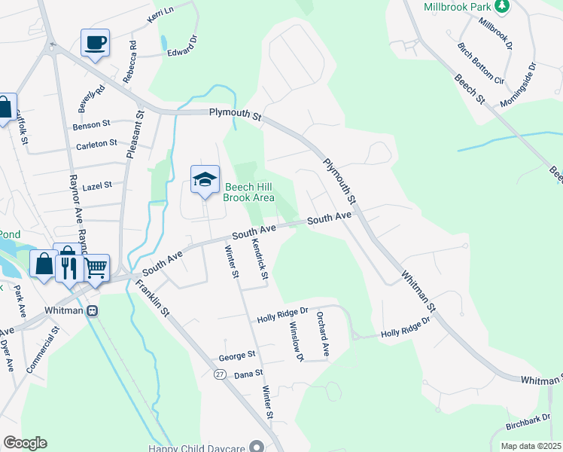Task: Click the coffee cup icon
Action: coord(95,42)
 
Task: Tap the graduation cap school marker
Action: coord(205,179)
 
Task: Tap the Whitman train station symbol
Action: coord(92,310)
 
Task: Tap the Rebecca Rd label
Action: coord(133,56)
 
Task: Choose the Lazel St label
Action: coord(96,185)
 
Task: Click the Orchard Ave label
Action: coord(323,333)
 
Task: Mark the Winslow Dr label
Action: coord(295,341)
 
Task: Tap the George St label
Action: coord(238,354)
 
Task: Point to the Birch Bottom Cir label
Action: coord(480,62)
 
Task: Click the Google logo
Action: coord(25,443)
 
